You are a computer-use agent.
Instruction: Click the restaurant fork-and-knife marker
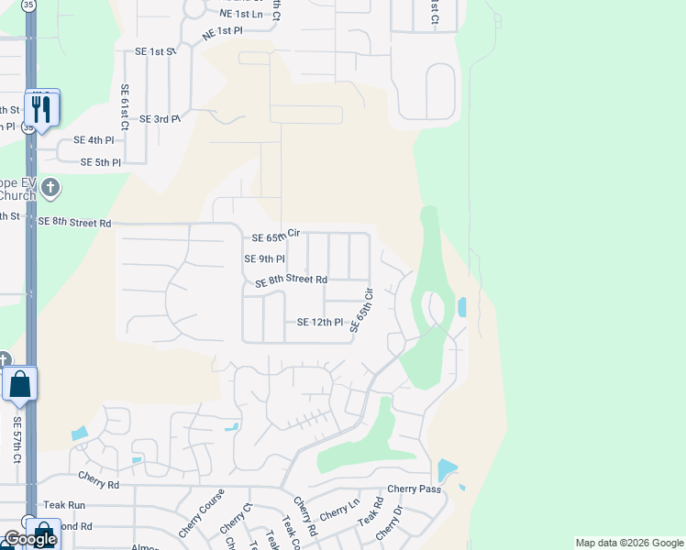(x=42, y=109)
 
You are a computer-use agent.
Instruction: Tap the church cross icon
(x=50, y=189)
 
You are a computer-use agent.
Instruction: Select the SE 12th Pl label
(x=319, y=323)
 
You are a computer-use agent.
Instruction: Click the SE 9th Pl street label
(x=264, y=259)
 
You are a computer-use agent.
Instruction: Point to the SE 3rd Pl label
(x=160, y=119)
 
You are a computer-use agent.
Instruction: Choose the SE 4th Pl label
(x=94, y=140)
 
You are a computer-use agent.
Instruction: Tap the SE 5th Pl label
(x=101, y=162)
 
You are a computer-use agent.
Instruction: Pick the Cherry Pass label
(x=414, y=489)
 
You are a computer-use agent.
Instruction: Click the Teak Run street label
(x=64, y=505)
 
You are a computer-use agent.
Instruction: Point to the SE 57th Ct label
(x=17, y=439)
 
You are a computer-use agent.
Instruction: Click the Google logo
(x=29, y=539)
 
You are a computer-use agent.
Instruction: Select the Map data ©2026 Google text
(x=628, y=543)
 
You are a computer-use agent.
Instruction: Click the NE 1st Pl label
(x=225, y=31)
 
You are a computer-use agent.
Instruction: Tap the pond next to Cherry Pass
(x=447, y=470)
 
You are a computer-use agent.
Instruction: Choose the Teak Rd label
(x=371, y=511)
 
